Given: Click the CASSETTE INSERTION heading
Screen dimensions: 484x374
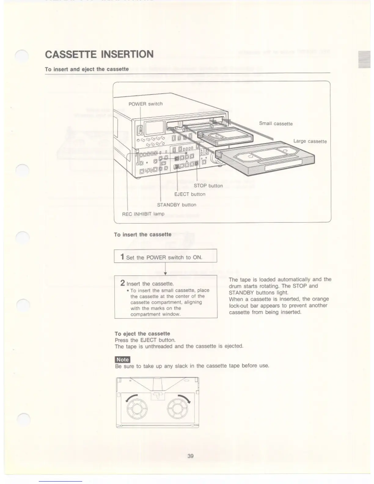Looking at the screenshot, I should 99,54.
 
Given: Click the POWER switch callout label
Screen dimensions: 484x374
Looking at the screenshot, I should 145,104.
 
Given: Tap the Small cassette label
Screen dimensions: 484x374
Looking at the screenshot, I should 276,123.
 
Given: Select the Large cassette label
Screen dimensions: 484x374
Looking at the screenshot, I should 310,141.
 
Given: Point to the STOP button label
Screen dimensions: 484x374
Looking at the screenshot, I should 208,186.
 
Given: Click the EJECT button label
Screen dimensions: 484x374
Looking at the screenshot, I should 189,194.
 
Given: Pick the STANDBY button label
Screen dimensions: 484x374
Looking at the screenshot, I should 176,205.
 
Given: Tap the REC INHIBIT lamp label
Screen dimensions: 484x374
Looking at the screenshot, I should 143,214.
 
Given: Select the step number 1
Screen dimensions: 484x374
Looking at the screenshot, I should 122,257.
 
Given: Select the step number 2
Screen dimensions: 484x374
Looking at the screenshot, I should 123,283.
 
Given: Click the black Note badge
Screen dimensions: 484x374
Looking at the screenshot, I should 123,360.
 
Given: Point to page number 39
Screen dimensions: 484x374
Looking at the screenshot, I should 190,456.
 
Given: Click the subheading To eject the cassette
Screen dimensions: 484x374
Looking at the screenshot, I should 142,334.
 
